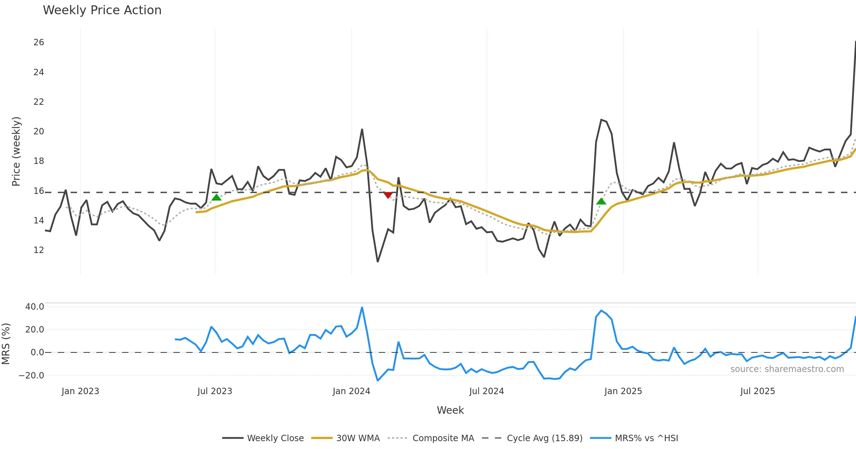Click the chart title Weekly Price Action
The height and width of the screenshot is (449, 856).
(102, 10)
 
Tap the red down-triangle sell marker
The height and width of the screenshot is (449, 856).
(388, 195)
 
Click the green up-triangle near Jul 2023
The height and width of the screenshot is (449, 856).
(216, 197)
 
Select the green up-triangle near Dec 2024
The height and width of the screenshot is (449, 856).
(601, 201)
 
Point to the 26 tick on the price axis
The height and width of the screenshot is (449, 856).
(39, 42)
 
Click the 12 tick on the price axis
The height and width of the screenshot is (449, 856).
(39, 250)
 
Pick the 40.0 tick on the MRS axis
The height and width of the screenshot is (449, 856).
(35, 307)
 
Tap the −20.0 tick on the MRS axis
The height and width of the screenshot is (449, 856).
(31, 376)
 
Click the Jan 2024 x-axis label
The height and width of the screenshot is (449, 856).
(351, 391)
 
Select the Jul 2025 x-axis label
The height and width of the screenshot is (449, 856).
(758, 391)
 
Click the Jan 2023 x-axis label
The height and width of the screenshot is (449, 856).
(80, 391)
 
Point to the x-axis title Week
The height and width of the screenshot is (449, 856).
(450, 411)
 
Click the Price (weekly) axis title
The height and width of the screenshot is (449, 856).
(16, 151)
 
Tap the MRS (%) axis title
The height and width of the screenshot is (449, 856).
(6, 344)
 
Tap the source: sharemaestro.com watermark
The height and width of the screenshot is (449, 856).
(787, 369)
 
